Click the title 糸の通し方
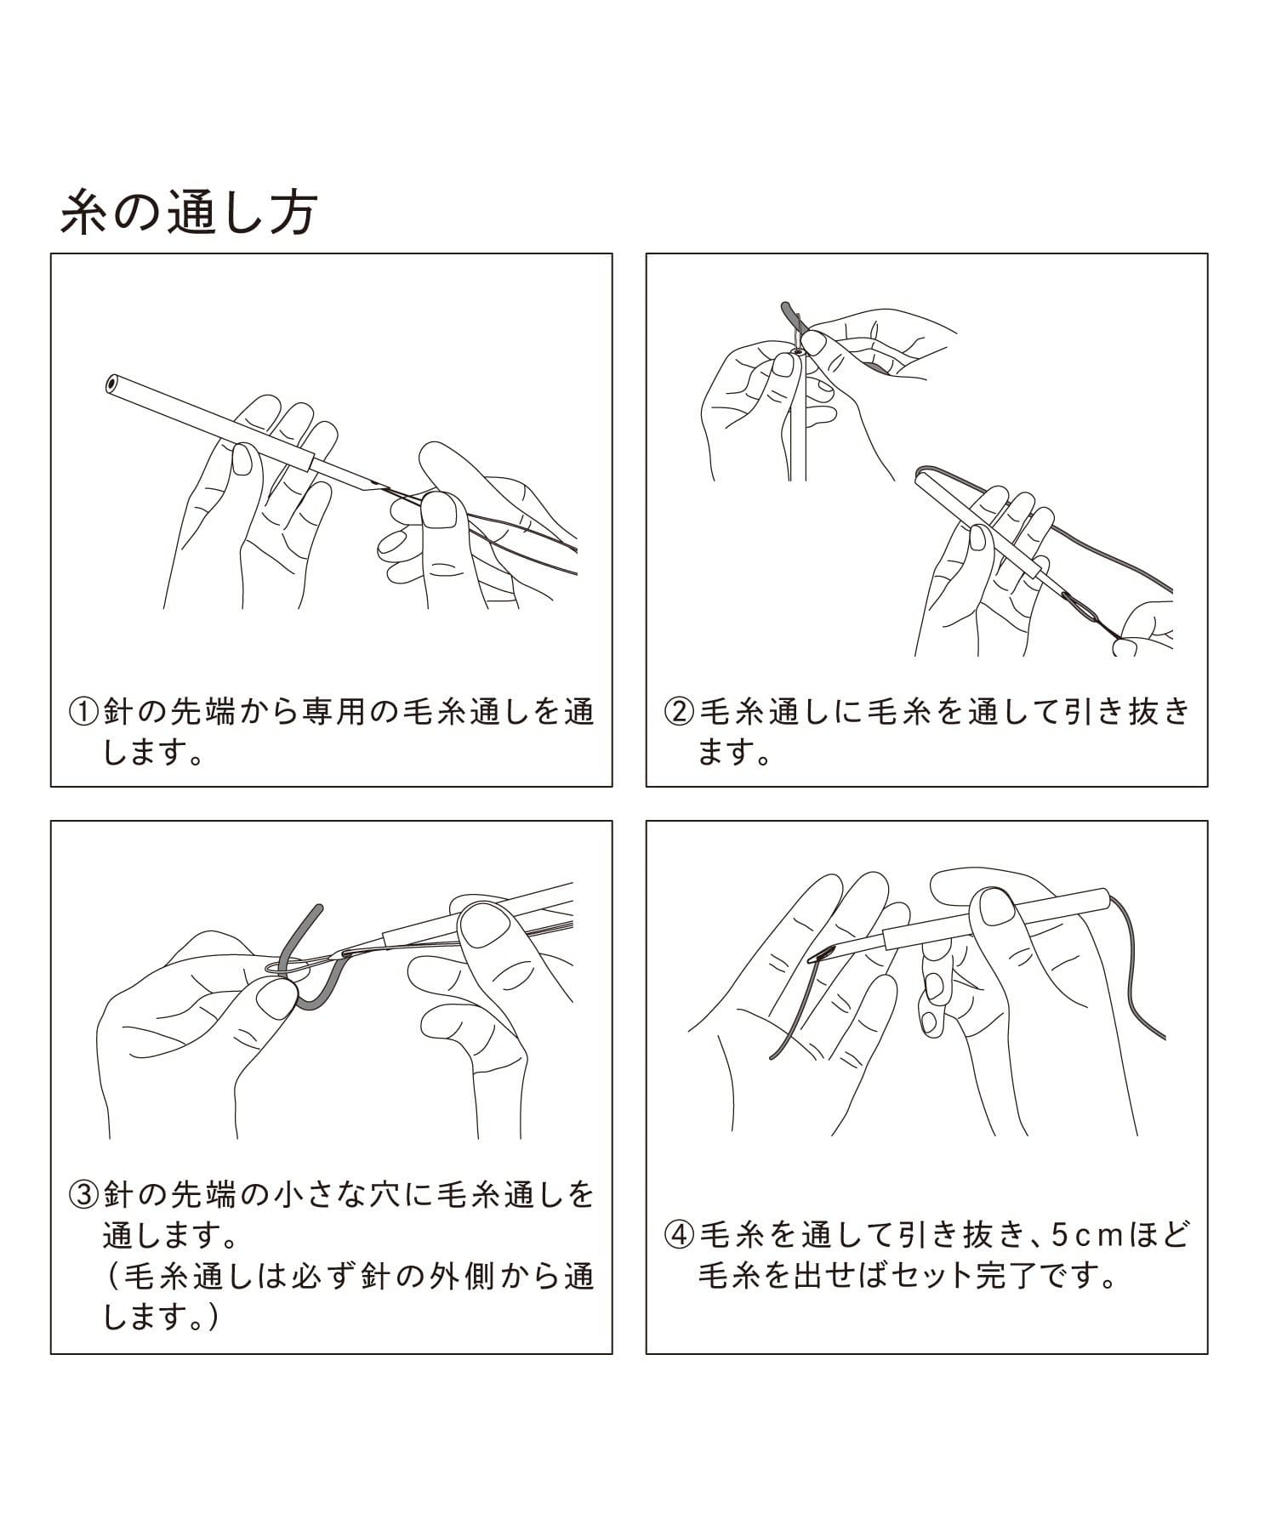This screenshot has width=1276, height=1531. click(x=189, y=213)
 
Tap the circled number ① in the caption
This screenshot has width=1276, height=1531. click(x=85, y=711)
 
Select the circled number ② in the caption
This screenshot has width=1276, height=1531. click(x=681, y=711)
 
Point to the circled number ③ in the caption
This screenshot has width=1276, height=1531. click(x=85, y=1195)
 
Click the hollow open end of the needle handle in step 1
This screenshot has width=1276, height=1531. click(x=111, y=384)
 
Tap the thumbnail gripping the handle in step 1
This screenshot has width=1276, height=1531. click(x=243, y=459)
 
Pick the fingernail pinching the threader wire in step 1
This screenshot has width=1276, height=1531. click(x=441, y=510)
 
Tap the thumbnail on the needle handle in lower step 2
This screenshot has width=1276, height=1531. click(x=978, y=538)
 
